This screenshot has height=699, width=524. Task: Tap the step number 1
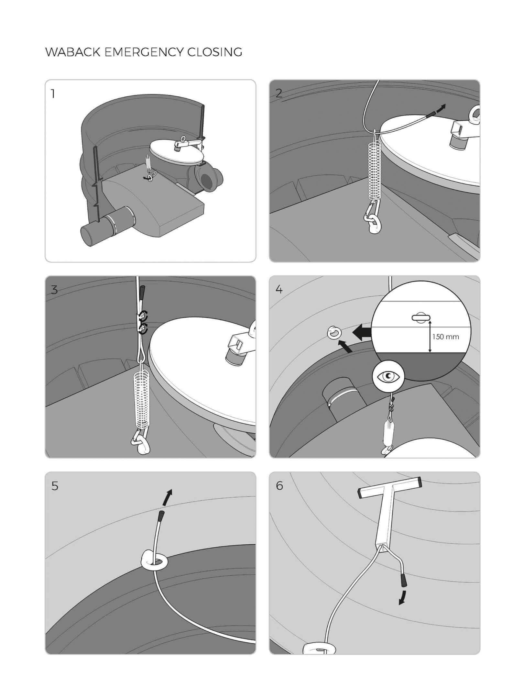(53, 94)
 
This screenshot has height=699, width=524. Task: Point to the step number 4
(279, 289)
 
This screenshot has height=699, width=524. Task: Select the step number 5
(55, 486)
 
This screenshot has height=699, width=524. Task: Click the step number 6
(279, 486)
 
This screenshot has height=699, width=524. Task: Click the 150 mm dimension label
(446, 337)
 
